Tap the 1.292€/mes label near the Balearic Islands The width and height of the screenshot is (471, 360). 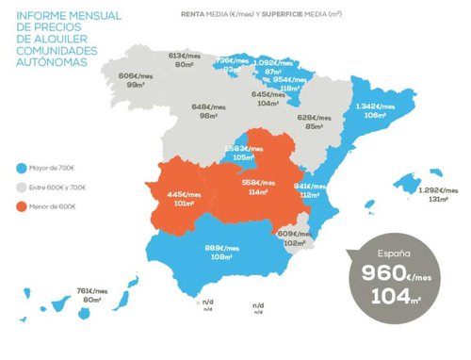point(438,190)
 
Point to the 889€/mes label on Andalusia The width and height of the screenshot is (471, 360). point(222,248)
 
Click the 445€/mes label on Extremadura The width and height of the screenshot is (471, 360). point(183,194)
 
